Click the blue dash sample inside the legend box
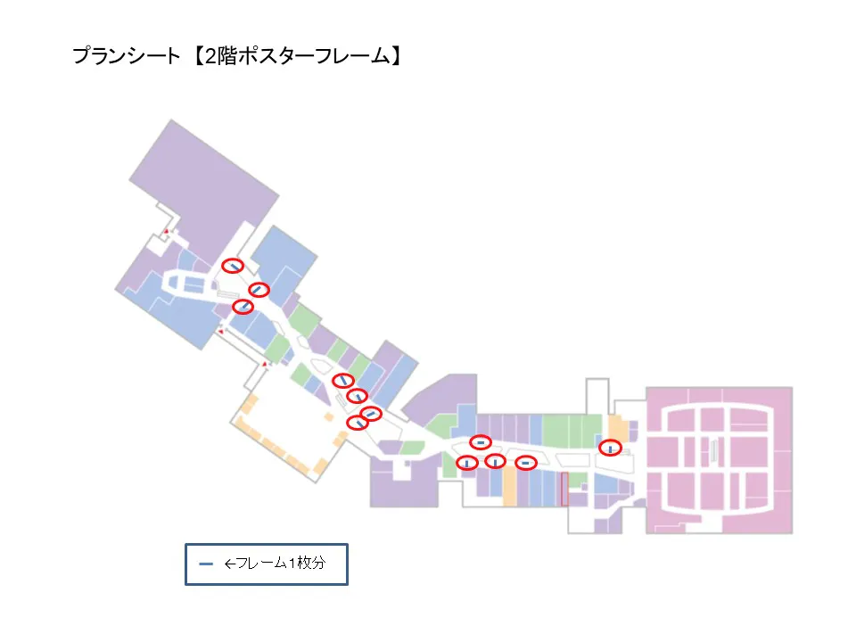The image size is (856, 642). pyautogui.click(x=206, y=564)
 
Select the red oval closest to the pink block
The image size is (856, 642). pyautogui.click(x=610, y=448)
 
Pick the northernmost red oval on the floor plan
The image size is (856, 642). pyautogui.click(x=233, y=265)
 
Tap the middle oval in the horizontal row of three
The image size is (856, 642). pyautogui.click(x=495, y=461)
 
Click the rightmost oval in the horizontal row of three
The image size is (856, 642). pyautogui.click(x=526, y=462)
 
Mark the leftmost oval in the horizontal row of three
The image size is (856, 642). pyautogui.click(x=466, y=462)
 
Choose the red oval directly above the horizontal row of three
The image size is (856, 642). pyautogui.click(x=481, y=442)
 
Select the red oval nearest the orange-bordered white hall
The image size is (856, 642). pyautogui.click(x=358, y=423)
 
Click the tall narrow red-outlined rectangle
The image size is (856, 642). pyautogui.click(x=564, y=489)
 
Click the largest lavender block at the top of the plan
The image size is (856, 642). pyautogui.click(x=201, y=192)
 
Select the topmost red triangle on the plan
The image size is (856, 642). pyautogui.click(x=166, y=232)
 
